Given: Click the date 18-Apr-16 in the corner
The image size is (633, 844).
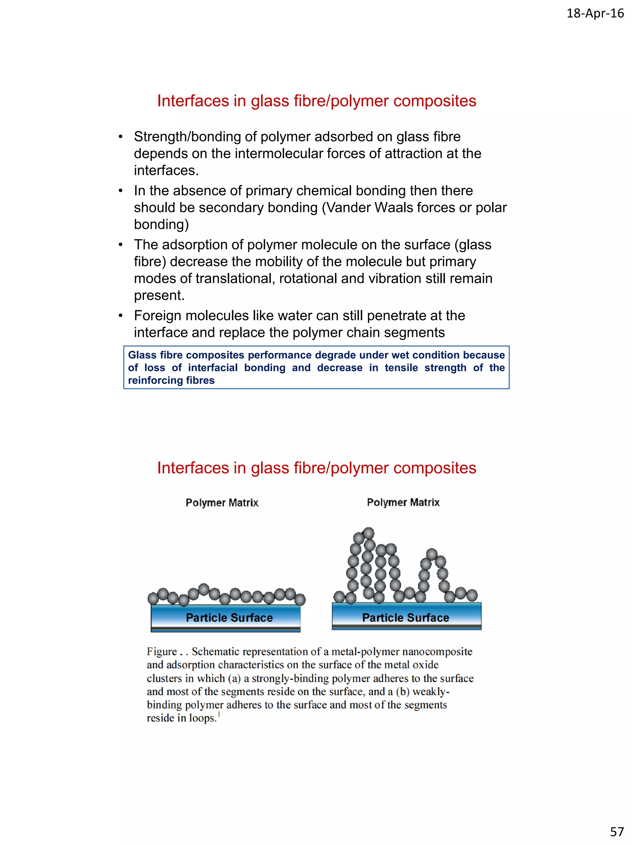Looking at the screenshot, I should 595,14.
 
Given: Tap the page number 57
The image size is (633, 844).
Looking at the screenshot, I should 617,831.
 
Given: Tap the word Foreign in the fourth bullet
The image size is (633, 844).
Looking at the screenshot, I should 158,316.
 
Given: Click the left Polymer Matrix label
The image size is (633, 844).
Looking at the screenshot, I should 222,503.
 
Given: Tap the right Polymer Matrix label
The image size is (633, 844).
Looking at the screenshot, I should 403,503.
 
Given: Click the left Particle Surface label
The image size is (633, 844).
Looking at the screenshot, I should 229,618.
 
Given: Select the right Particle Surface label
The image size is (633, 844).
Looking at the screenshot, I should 405,618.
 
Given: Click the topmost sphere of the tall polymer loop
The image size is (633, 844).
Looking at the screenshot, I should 368,533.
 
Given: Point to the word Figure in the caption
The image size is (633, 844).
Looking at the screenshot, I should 162,652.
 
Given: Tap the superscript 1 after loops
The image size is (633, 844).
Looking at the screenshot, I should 219,714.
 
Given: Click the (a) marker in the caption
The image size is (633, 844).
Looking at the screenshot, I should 234,678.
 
